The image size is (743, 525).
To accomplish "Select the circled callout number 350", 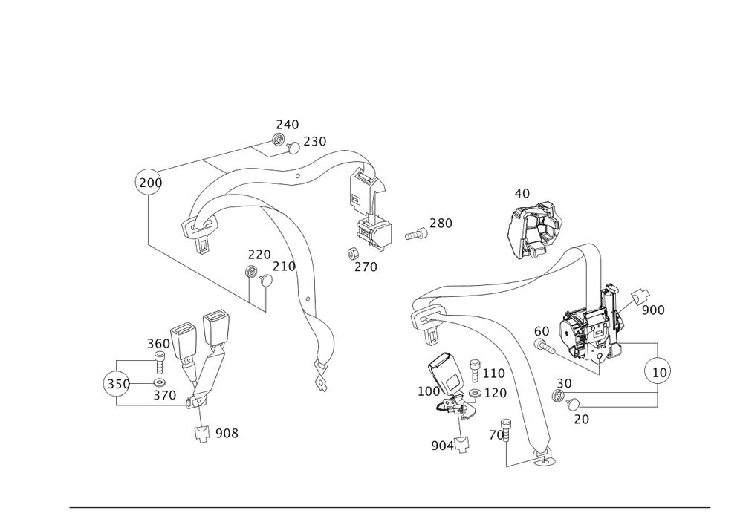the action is (117, 384).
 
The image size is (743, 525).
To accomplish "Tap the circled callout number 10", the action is (658, 370).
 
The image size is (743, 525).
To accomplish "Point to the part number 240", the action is (288, 124).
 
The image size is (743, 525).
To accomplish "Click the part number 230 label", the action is (314, 141).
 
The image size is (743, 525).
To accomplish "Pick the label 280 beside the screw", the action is (441, 223).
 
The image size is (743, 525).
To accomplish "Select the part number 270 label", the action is (366, 266).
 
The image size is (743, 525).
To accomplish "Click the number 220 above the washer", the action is (259, 253).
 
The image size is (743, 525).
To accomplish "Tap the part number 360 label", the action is (158, 343).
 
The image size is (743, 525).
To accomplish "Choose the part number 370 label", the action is (165, 396).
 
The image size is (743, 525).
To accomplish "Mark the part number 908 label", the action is (227, 433).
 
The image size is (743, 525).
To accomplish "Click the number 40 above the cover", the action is (522, 194).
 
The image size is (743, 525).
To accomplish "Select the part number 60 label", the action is (541, 330).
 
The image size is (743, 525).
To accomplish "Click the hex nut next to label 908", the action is (201, 433).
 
